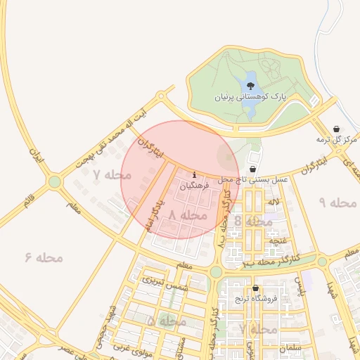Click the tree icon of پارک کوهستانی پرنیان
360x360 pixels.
coord(250,86)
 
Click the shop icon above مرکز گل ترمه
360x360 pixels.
coord(337,129)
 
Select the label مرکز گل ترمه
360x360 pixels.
coord(336,140)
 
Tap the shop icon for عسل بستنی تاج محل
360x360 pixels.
coord(252,169)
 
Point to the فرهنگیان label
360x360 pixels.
coord(194,187)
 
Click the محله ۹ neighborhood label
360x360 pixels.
coord(339,202)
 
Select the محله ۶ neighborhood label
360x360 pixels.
coord(44,257)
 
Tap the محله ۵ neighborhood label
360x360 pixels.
coord(167,321)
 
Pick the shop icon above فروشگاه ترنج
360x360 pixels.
coord(255,288)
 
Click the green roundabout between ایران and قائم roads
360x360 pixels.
coord(55,183)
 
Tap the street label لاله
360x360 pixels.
coord(274,202)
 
